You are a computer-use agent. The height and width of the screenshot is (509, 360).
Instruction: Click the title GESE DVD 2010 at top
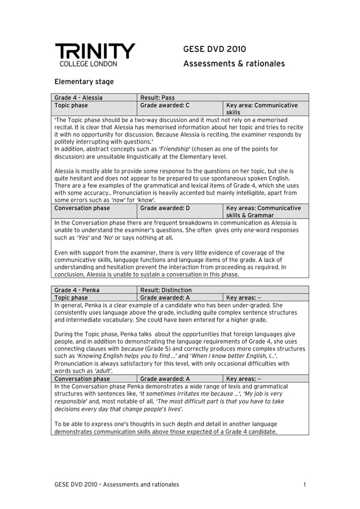pyautogui.click(x=214, y=50)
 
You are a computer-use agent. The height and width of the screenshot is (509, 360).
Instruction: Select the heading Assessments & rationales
pyautogui.click(x=234, y=64)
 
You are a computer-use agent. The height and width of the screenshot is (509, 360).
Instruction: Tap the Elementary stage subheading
pyautogui.click(x=84, y=82)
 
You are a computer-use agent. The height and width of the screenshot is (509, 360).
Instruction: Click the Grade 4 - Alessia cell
pyautogui.click(x=78, y=98)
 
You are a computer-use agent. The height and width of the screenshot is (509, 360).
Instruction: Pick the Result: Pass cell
pyautogui.click(x=157, y=98)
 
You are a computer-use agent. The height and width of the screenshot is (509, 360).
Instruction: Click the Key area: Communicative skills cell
pyautogui.click(x=262, y=109)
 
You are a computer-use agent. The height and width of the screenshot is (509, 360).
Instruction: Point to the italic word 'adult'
pyautogui.click(x=103, y=371)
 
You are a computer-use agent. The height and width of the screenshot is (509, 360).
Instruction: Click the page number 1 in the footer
pyautogui.click(x=304, y=484)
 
